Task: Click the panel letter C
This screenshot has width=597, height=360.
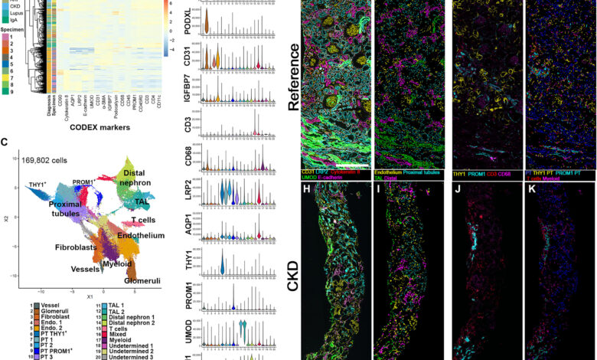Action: tap(5, 142)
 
